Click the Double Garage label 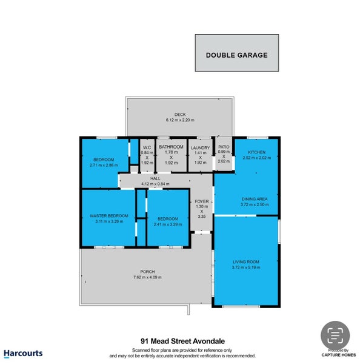click(x=236, y=55)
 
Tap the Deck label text click(x=179, y=115)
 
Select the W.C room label click(x=146, y=147)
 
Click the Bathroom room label click(x=171, y=147)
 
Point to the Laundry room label click(x=199, y=147)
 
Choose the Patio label click(x=224, y=147)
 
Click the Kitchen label click(x=255, y=152)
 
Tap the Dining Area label click(x=255, y=198)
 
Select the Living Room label click(x=245, y=262)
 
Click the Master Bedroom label click(x=109, y=216)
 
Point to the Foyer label click(x=201, y=201)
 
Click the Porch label click(x=147, y=271)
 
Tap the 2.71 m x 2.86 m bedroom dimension click(x=104, y=165)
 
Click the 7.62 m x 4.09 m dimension click(x=147, y=277)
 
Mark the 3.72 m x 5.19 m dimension click(x=245, y=268)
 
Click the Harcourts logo click(x=22, y=352)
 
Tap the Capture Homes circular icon click(x=335, y=335)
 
